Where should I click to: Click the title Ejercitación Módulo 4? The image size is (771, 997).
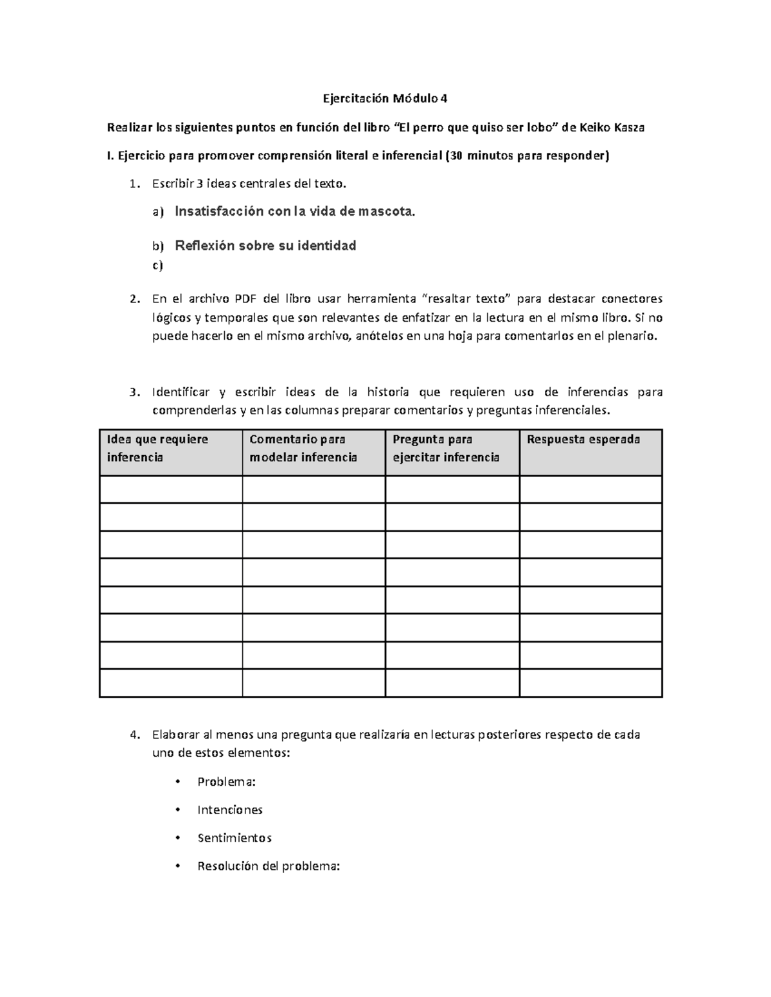[384, 99]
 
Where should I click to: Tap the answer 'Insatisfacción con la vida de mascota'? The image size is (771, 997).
[295, 211]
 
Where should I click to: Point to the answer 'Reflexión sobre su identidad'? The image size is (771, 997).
[265, 245]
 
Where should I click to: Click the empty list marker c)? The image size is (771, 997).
[157, 265]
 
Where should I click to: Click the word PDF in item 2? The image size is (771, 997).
[245, 299]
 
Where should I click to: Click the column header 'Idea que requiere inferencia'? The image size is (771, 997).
[158, 448]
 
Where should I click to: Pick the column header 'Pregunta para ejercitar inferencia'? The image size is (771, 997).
[446, 448]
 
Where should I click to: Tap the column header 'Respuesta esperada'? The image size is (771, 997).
[583, 440]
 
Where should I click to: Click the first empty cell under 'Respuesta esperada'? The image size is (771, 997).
[590, 489]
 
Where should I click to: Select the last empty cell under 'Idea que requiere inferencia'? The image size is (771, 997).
[171, 683]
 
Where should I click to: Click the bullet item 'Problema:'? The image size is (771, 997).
[226, 782]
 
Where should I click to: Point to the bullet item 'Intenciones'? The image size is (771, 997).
[229, 810]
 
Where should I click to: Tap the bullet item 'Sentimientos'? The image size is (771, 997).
[234, 838]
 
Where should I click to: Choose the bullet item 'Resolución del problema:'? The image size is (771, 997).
[268, 866]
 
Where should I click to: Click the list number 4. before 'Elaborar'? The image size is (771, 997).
[134, 734]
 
